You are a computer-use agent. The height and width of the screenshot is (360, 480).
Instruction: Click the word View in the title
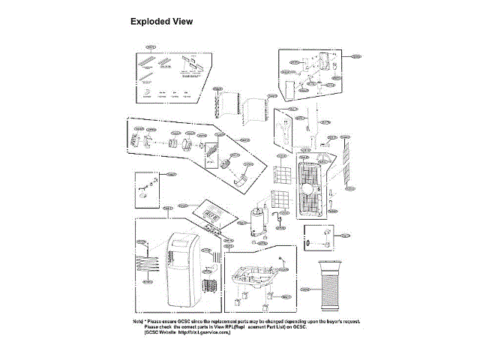[182, 22]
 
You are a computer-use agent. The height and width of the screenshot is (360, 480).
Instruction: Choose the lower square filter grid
[279, 200]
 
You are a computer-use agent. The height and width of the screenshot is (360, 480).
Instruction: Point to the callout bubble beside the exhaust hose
[304, 289]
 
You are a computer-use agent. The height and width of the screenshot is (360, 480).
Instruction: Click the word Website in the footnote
[165, 332]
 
